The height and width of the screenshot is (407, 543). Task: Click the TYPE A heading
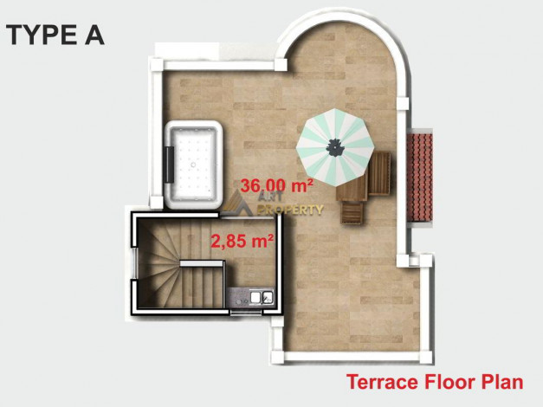pos(55,35)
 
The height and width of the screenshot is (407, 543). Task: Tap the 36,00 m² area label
pos(276,185)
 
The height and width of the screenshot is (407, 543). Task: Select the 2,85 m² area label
pos(242,241)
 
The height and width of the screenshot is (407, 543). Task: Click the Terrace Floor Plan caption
pos(435,382)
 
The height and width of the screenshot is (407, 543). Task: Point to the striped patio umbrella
pos(335,147)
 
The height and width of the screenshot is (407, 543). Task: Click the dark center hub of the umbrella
pos(335,147)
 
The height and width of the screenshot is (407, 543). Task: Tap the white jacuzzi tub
pos(194,165)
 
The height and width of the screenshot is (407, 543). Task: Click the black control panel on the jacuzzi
pos(170,164)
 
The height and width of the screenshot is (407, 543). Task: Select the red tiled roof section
pos(420,177)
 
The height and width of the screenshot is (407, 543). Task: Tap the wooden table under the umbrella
pos(351,187)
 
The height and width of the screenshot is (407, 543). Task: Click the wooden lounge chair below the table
pos(352,213)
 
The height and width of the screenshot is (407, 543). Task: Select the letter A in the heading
pos(94,35)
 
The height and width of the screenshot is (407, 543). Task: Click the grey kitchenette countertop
pos(249,296)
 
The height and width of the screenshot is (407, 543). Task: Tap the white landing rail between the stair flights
pos(201,263)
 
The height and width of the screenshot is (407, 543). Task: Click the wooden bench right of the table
pos(379,173)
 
